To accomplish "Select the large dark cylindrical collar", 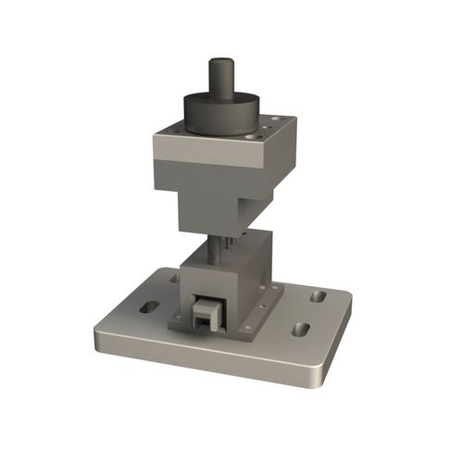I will tap(221, 112).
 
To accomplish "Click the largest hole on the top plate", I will tap(256, 133).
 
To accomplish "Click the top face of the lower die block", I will tap(231, 254).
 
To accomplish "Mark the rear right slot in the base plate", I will tap(319, 296).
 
